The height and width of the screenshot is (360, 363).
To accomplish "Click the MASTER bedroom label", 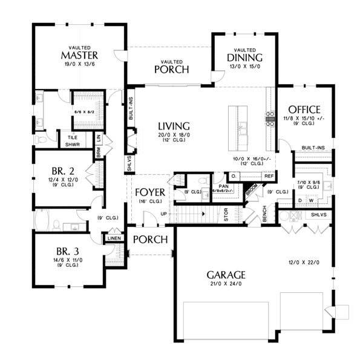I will click(76, 56).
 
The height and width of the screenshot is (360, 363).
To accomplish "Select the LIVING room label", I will click(173, 126).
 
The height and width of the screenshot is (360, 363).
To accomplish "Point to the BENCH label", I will click(264, 213).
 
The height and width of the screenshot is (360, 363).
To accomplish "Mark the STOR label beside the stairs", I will click(226, 214).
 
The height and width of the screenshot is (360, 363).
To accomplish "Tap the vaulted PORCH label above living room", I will click(171, 70).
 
